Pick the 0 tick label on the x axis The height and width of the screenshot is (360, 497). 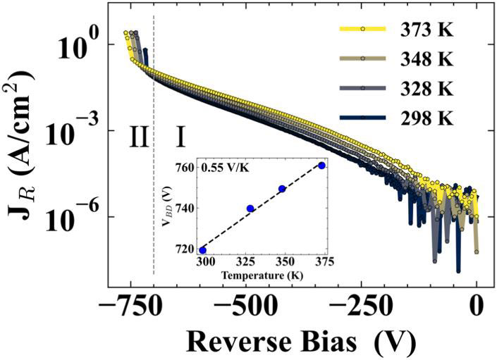(x=477, y=308)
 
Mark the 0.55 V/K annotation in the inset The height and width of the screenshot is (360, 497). (x=224, y=168)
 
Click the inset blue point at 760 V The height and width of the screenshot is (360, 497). (x=322, y=166)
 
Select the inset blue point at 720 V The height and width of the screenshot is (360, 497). (x=204, y=250)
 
